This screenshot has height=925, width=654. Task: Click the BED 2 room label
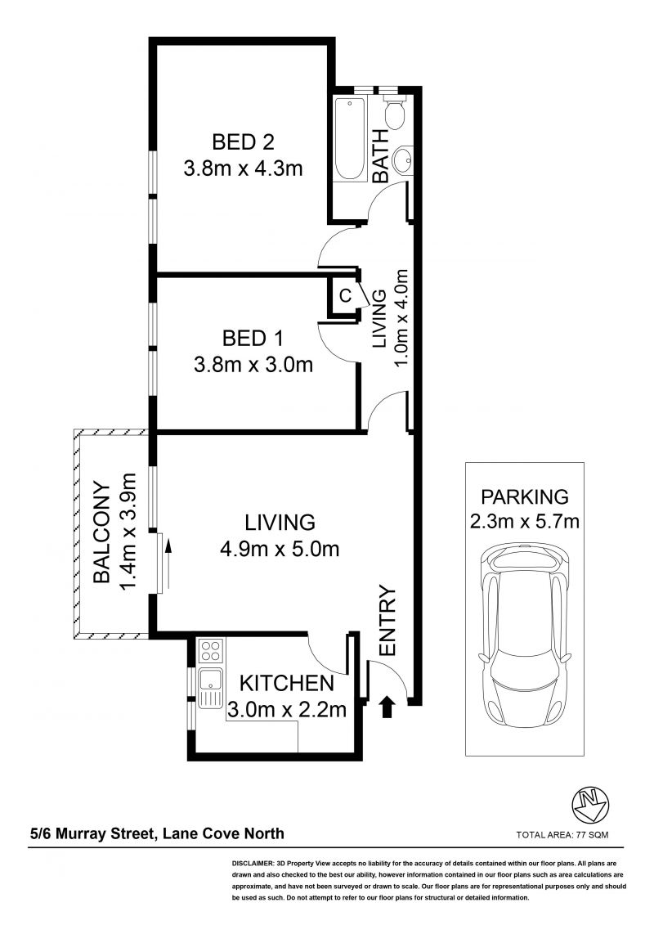(243, 142)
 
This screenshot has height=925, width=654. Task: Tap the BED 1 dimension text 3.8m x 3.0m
(253, 365)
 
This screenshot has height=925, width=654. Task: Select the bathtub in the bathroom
(350, 139)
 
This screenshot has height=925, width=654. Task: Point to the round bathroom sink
(403, 159)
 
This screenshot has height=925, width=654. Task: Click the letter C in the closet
(345, 295)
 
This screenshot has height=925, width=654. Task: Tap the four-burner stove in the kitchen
(211, 651)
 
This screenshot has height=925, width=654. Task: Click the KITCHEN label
(287, 683)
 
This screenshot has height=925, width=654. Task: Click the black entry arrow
(387, 707)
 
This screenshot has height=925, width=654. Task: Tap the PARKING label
(525, 496)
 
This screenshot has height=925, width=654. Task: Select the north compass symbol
(590, 804)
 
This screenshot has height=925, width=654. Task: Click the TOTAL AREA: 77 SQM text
(562, 835)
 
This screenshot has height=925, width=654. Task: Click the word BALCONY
(102, 534)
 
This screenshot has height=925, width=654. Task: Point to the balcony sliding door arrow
(168, 564)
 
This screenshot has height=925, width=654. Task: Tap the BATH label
(381, 155)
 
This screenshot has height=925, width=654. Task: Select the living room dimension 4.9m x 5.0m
(280, 550)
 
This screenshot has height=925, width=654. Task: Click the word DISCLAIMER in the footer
(252, 863)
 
